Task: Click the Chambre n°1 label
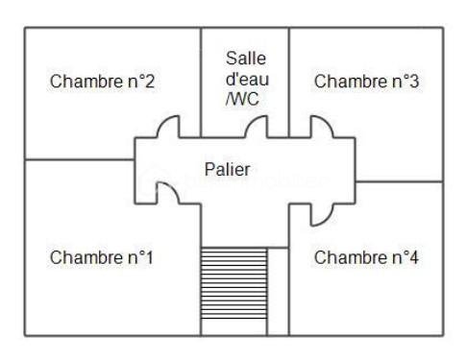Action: click(102, 257)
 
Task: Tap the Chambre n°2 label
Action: click(102, 82)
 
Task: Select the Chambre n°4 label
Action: click(365, 257)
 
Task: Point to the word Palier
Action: click(228, 170)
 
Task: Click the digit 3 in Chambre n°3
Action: click(413, 82)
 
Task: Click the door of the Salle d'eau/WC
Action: click(257, 126)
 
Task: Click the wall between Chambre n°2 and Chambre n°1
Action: click(77, 159)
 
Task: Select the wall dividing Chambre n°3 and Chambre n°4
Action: click(399, 180)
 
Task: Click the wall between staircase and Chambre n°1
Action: click(201, 288)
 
